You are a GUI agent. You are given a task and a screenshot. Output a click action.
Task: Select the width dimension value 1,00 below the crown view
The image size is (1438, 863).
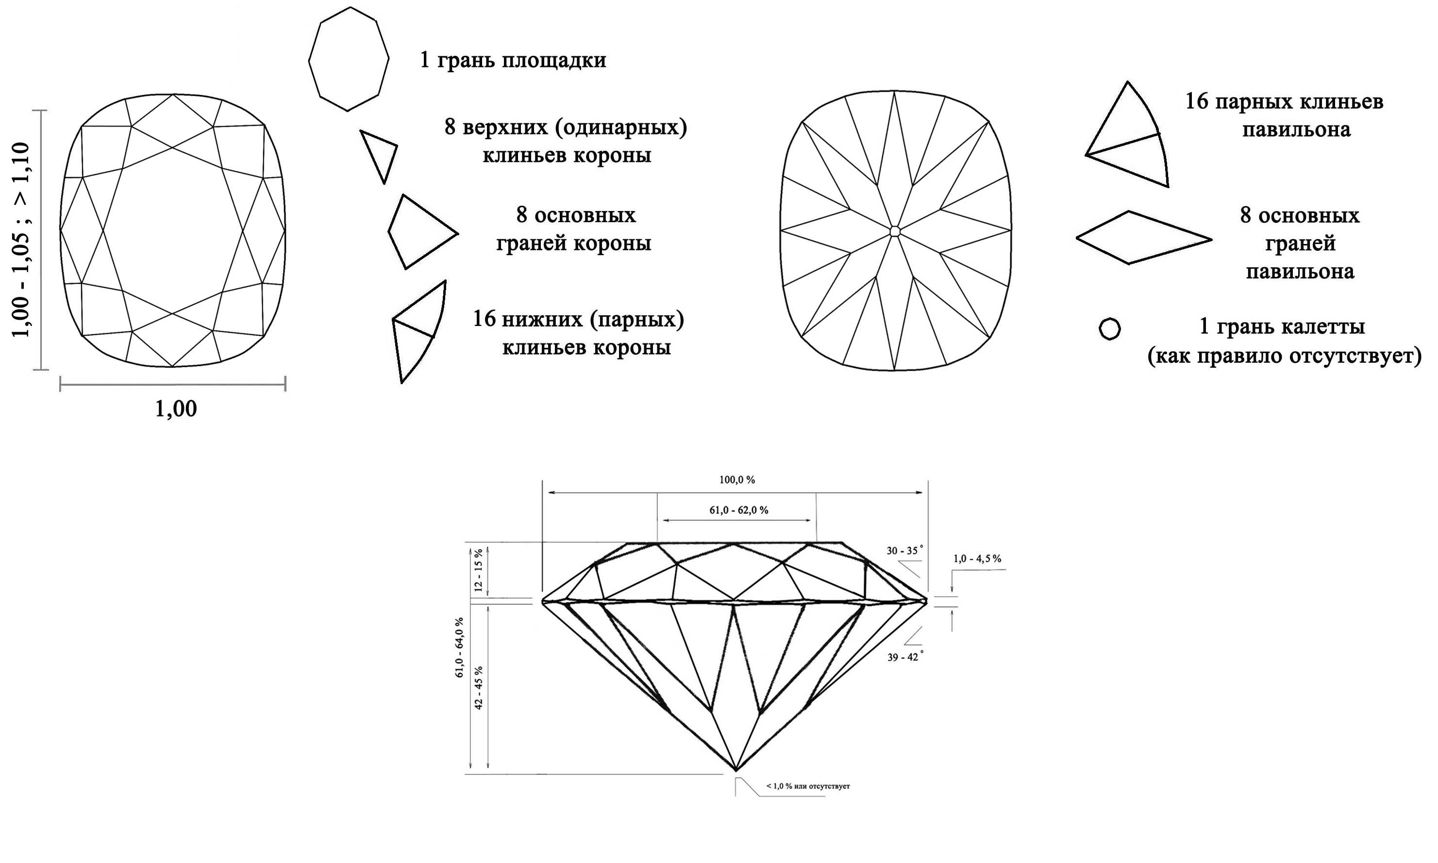click(176, 409)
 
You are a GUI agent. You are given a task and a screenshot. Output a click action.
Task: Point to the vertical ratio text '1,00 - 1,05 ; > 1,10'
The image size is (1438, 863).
click(21, 240)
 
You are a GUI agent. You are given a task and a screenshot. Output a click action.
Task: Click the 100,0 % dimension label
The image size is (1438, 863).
click(737, 480)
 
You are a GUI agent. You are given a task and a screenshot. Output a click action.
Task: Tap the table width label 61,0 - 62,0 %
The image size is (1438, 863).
click(738, 510)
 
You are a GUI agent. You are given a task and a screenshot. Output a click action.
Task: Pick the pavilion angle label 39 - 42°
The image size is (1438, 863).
click(905, 657)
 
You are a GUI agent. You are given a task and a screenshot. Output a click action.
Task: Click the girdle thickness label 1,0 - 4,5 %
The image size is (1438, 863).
click(977, 559)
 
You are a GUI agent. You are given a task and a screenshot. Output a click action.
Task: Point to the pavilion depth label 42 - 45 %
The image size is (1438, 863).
click(478, 687)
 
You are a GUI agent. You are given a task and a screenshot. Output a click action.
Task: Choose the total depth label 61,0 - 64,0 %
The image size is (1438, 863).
click(460, 647)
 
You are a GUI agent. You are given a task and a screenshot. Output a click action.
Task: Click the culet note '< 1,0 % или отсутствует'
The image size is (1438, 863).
click(808, 786)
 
